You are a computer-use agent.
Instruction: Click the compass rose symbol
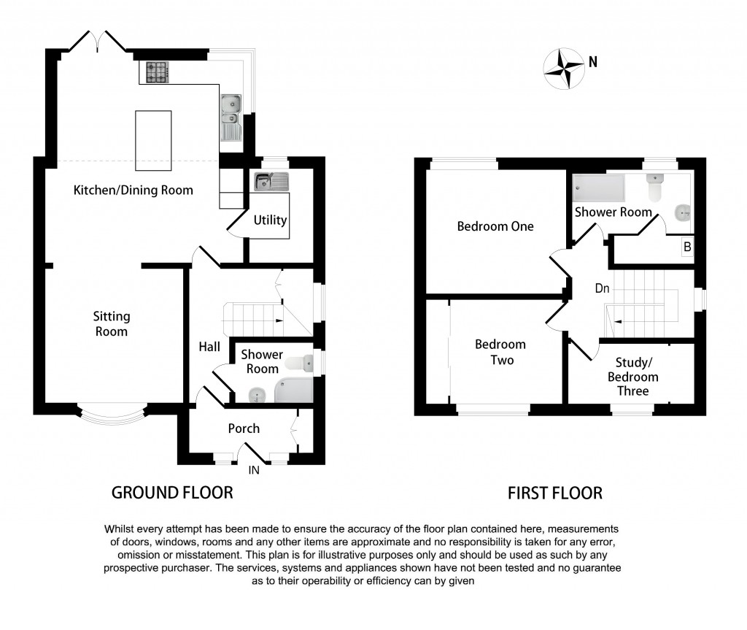[x=563, y=69]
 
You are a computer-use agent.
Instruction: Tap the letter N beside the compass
[x=593, y=63]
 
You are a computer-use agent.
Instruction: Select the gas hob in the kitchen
[x=158, y=72]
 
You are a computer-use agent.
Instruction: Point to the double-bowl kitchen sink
[x=231, y=110]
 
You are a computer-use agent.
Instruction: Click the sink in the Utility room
[x=271, y=180]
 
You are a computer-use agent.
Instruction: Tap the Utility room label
[x=270, y=220]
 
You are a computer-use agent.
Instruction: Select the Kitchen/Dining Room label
[x=133, y=191]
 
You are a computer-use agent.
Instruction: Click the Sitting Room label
[x=112, y=323]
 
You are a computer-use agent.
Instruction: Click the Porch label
[x=244, y=428]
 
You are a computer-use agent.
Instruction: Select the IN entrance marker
[x=254, y=471]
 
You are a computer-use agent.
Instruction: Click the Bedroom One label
[x=495, y=226]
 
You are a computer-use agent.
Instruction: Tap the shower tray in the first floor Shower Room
[x=599, y=188]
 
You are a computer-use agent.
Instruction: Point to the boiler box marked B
[x=686, y=247]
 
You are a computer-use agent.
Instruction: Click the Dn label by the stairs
[x=602, y=289]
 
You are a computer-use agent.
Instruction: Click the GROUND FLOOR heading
[x=172, y=493]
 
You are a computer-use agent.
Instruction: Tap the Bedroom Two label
[x=500, y=352]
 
